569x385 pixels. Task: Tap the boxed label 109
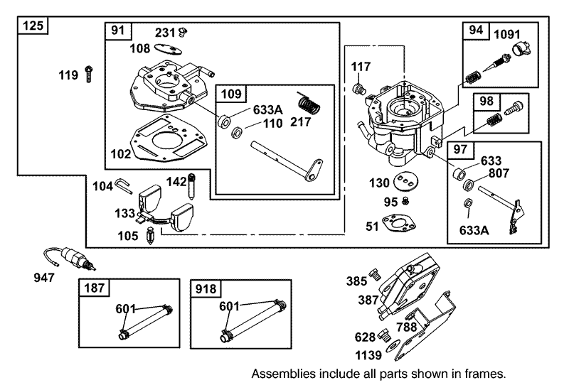[x=233, y=93]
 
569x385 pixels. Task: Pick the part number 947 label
[x=44, y=277]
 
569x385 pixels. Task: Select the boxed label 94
[x=475, y=31]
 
